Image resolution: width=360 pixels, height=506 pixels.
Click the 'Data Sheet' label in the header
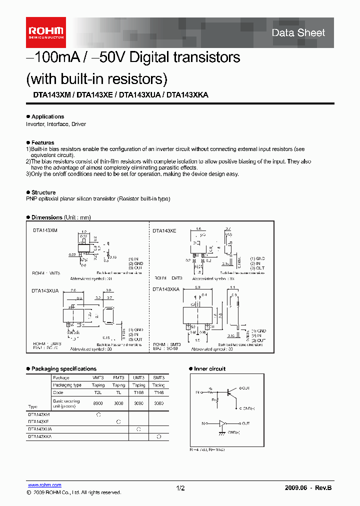click(298, 33)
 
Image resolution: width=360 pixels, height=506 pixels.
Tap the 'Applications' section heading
click(47, 116)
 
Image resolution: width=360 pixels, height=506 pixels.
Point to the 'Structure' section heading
click(43, 192)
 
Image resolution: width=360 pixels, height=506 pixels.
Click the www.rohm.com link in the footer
click(44, 485)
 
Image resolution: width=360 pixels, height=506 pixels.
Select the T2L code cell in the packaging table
click(98, 392)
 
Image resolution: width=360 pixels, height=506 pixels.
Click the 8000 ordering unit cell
click(98, 402)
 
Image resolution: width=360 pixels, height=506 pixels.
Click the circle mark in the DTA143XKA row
click(158, 436)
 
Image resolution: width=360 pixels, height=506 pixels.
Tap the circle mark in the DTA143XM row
click(98, 414)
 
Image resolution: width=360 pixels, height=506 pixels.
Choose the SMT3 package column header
click(158, 378)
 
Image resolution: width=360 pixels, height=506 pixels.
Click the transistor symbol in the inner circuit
click(231, 393)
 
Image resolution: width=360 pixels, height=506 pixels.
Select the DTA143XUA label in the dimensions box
click(45, 290)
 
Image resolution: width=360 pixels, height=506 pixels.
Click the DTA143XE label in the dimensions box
click(164, 231)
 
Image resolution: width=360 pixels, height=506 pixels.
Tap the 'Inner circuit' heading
click(209, 369)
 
